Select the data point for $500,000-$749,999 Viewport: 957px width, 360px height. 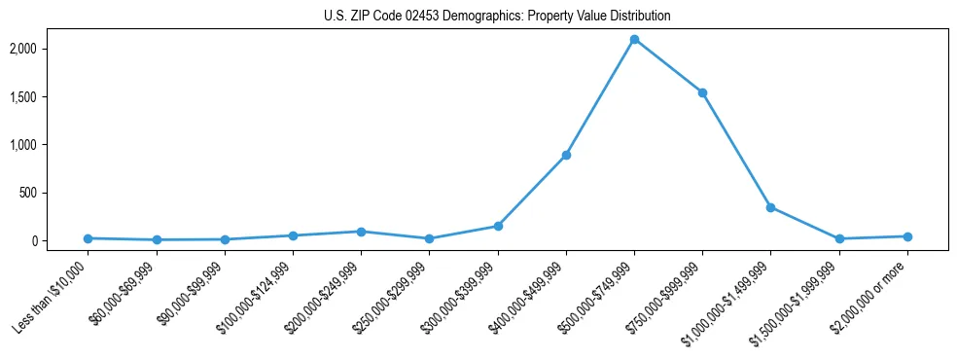tap(634, 40)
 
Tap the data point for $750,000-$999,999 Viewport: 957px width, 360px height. tap(702, 93)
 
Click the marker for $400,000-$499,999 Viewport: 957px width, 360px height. tap(566, 155)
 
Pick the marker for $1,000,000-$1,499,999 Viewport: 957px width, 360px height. tap(770, 207)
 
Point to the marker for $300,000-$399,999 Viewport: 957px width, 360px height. tap(498, 226)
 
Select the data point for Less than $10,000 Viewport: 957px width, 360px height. tap(89, 238)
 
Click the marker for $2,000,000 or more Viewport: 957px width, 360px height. tap(906, 236)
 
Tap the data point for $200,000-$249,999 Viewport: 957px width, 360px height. tap(361, 232)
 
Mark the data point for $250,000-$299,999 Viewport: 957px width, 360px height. tap(429, 238)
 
